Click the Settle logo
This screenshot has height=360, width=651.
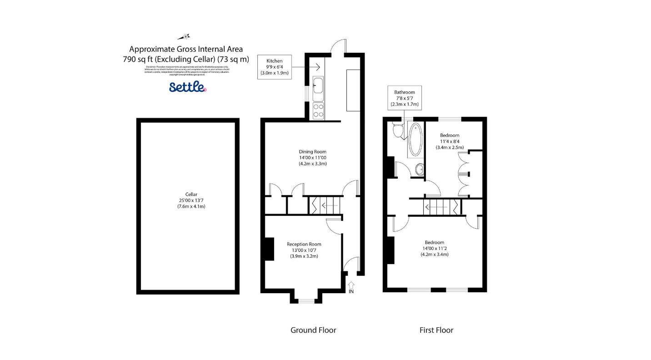coord(187,87)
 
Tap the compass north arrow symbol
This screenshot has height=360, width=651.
coord(184,37)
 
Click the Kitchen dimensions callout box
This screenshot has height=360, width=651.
coord(274,67)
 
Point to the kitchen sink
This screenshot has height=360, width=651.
coord(318,85)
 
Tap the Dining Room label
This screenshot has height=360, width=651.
coord(312,157)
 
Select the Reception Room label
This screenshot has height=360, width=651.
coord(304,250)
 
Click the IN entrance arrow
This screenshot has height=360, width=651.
coord(351,287)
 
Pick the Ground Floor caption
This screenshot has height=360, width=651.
coord(313,330)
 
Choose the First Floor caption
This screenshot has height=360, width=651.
coord(436,330)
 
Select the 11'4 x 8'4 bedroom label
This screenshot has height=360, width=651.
coord(450,141)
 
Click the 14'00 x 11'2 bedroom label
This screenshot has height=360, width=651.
coord(434,249)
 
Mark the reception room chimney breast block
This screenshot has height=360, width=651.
coord(269,249)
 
